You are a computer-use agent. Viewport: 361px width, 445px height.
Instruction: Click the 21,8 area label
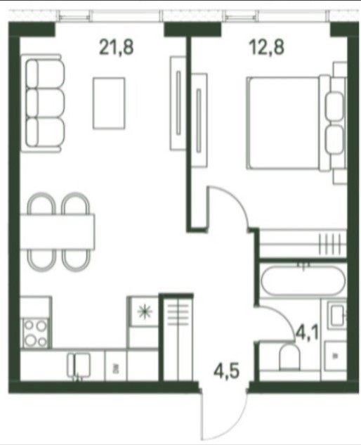coord(117,47)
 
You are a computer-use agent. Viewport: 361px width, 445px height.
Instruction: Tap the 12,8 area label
coord(266,47)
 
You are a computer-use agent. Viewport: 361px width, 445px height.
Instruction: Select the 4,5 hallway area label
coord(227,371)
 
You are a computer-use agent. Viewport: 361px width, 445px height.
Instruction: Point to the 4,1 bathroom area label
coord(307,333)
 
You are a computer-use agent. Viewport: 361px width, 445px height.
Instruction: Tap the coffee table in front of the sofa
coord(109,103)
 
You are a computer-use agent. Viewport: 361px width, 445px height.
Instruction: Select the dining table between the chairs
coord(58,232)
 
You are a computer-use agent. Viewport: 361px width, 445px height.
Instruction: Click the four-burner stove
coord(35,333)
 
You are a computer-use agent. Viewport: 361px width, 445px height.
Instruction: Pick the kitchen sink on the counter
coord(79,366)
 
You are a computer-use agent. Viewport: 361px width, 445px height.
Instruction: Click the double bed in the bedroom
coord(296,123)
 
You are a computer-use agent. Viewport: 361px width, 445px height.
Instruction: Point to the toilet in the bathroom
coord(289,357)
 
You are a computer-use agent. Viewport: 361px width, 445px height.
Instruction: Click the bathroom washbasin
coord(337,316)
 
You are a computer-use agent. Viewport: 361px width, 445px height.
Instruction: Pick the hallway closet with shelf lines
coord(178,337)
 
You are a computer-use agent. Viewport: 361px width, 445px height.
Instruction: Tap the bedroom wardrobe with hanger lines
coord(303,244)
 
